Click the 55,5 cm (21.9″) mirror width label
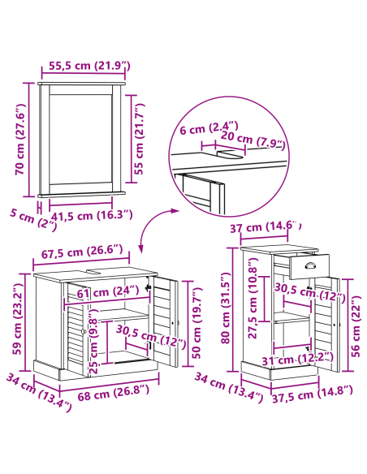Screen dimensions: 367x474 click(89, 66)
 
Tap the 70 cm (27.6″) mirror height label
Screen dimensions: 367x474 click(20, 140)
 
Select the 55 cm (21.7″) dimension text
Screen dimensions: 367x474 click(139, 139)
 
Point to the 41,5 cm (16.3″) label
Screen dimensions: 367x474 click(92, 216)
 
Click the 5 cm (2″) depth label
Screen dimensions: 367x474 click(33, 219)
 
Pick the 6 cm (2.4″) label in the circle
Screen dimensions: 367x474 click(209, 128)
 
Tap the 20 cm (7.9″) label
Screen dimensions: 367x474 click(253, 140)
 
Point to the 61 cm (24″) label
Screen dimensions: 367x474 click(108, 291)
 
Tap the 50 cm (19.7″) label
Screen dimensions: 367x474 click(196, 322)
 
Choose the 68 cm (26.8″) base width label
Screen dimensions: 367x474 click(114, 392)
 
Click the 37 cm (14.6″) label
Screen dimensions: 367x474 click(266, 226)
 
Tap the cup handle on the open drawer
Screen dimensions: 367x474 click(309, 265)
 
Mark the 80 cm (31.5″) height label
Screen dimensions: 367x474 click(226, 308)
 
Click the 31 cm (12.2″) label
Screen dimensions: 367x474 click(297, 359)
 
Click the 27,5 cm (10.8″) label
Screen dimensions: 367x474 click(253, 298)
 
